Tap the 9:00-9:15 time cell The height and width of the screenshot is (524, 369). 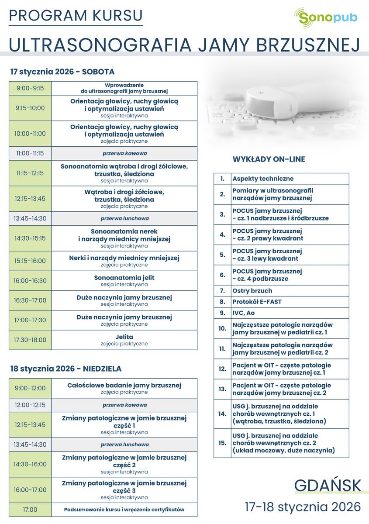[x=30, y=88]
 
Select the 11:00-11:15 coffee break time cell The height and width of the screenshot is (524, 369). [x=30, y=154]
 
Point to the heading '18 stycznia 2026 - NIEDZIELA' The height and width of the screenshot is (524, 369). [x=66, y=369]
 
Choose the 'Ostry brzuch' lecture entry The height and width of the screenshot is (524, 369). [x=252, y=290]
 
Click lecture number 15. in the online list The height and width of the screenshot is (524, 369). [x=222, y=443]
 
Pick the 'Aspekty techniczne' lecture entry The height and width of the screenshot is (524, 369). [x=263, y=179]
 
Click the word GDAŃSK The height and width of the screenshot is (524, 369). [x=328, y=486]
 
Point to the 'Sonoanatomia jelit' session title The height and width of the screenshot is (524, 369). [x=124, y=278]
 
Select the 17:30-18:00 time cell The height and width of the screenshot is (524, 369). [x=30, y=339]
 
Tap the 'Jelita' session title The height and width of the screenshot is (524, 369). [x=124, y=337]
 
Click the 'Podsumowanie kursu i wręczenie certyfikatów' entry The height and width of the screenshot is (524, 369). [x=124, y=510]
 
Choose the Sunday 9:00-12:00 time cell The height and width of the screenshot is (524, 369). [x=30, y=388]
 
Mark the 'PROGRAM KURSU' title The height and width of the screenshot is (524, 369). [x=76, y=15]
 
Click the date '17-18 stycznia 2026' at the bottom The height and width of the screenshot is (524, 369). [x=303, y=507]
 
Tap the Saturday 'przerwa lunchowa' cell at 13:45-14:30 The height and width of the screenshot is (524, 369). [x=124, y=218]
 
